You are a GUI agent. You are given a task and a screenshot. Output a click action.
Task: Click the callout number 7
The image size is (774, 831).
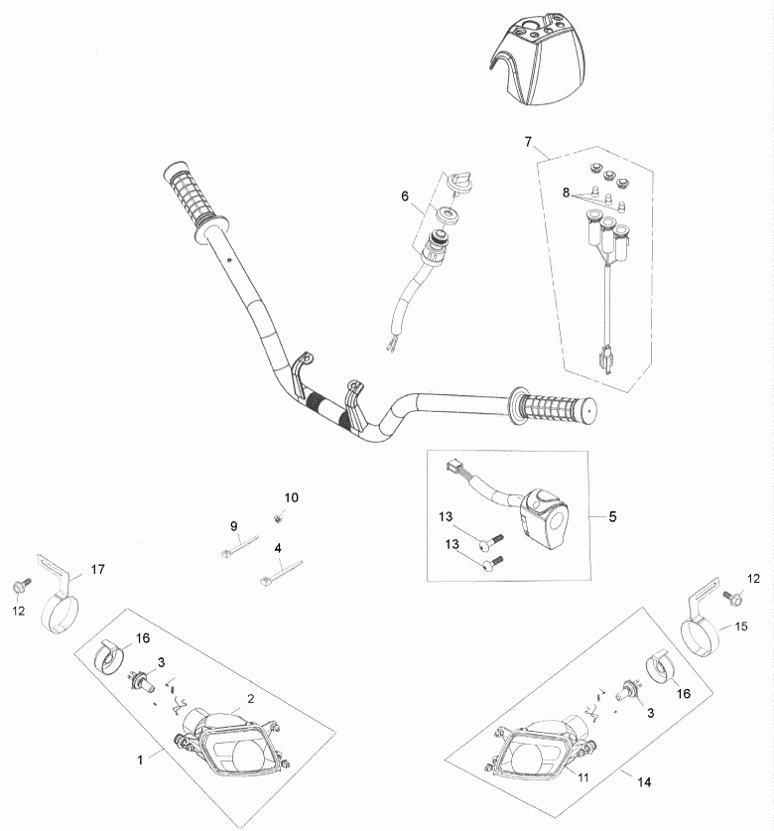[528, 142]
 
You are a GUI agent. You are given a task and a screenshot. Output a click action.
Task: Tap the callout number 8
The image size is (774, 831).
[566, 193]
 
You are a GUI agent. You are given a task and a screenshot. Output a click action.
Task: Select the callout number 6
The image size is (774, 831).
[405, 197]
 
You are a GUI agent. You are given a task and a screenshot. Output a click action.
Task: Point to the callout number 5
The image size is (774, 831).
[612, 516]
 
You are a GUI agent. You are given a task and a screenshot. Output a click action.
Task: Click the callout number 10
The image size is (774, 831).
[292, 497]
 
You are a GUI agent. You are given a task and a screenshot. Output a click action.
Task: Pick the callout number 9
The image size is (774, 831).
[233, 526]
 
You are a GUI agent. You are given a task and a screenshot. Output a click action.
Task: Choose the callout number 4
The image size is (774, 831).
[278, 548]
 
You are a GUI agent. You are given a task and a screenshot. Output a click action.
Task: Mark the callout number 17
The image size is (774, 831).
[98, 569]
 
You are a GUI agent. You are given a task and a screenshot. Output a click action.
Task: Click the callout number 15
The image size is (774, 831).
[741, 626]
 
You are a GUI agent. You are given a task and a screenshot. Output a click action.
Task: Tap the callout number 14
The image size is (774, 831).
[644, 781]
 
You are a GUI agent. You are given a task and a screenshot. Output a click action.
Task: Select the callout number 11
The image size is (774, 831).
[582, 777]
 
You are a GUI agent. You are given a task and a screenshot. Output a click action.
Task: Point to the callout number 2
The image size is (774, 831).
[251, 699]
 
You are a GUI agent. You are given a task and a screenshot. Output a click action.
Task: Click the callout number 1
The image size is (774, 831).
[140, 760]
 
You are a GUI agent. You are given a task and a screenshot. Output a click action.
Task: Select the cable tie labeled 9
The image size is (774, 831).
[239, 547]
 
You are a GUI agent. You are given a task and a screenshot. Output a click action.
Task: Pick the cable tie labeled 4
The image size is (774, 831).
[281, 573]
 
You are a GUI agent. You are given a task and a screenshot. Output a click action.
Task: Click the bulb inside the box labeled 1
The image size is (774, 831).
[141, 680]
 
